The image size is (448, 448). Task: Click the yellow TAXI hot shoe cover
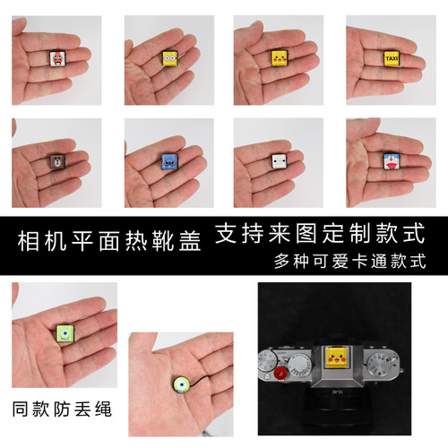pyautogui.click(x=391, y=58)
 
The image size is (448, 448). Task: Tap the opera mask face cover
pyautogui.click(x=57, y=58)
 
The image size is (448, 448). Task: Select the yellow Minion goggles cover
pyautogui.click(x=170, y=58)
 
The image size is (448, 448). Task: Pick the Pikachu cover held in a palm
pyautogui.click(x=279, y=58)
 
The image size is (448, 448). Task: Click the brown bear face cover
pyautogui.click(x=57, y=161)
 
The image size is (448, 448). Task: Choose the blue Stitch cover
pyautogui.click(x=169, y=161)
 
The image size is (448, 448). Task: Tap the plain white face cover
pyautogui.click(x=280, y=161)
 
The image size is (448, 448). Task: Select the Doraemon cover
pyautogui.click(x=391, y=161)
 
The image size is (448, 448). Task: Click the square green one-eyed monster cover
pyautogui.click(x=65, y=333)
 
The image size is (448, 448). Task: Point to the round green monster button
pyautogui.click(x=182, y=386)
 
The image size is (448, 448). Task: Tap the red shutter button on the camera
pyautogui.click(x=280, y=373)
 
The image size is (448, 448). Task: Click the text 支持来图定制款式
pyautogui.click(x=320, y=233)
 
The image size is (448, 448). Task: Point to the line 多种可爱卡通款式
pyautogui.click(x=350, y=262)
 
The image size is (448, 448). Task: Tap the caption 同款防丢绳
pyautogui.click(x=62, y=409)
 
